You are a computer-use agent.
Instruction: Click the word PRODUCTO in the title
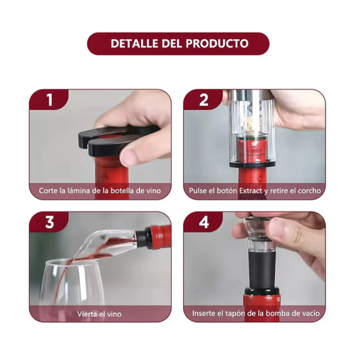click(x=217, y=44)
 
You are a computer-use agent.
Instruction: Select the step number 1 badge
click(x=49, y=100)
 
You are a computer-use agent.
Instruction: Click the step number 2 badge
click(x=204, y=100)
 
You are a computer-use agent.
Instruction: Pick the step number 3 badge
click(x=49, y=222)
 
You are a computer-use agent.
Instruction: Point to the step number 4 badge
click(x=204, y=222)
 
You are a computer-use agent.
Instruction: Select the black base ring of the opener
click(x=253, y=164)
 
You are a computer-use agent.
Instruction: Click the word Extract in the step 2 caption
click(x=251, y=190)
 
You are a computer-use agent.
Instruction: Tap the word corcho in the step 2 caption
click(x=309, y=190)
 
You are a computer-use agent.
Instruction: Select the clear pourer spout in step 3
click(x=106, y=244)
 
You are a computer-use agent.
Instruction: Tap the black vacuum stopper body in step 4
click(x=261, y=269)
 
